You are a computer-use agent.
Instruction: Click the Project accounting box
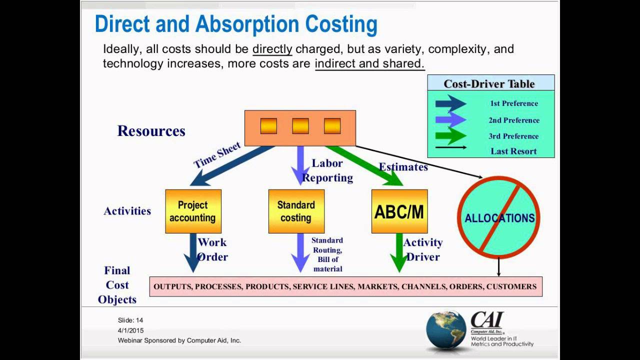pos(193,211)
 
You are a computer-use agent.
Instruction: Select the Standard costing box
pos(296,211)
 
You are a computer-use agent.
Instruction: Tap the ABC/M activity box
pos(399,211)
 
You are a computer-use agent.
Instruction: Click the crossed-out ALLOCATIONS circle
pos(499,218)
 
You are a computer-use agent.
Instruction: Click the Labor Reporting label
pos(327,170)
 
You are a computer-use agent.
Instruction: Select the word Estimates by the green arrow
pos(403,167)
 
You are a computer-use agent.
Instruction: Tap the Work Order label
pos(212,249)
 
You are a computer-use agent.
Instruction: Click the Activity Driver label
pos(422,249)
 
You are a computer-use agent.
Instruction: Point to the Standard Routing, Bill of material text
pos(327,254)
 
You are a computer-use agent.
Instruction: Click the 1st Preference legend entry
pos(513,103)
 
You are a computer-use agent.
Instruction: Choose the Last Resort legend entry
pos(513,151)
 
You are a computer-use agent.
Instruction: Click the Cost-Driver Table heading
pos(489,83)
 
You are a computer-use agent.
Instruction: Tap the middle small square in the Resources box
pos(300,125)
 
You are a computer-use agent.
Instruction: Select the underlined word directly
pos(272,49)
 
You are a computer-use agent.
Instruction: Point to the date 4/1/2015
pos(131,330)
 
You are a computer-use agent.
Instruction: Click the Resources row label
pos(151,131)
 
